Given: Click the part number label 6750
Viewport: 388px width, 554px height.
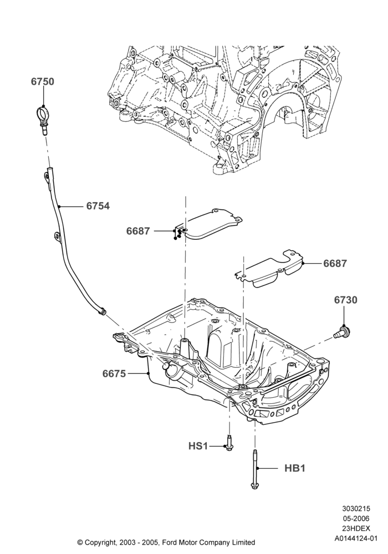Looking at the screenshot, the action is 43,81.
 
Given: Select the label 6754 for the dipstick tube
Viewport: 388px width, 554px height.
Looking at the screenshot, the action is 98,206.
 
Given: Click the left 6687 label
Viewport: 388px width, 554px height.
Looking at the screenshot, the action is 138,231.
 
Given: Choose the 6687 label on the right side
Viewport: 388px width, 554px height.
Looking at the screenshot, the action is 335,264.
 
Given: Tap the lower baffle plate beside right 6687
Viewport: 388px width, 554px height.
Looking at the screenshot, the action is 270,269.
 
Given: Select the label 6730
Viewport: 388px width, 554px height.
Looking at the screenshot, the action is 345,300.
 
